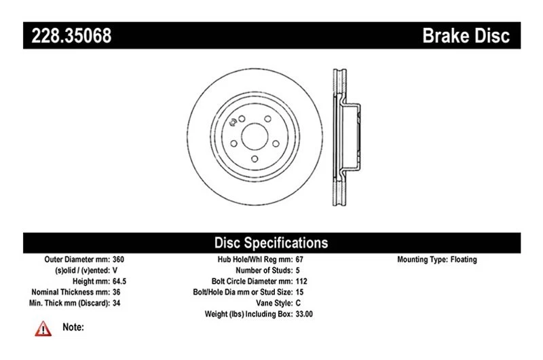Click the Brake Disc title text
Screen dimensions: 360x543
466,35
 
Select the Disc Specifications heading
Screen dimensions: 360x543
271,242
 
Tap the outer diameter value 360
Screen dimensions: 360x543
118,259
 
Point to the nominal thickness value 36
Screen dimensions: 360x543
116,292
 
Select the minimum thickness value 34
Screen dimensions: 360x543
116,303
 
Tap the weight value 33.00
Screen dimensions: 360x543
304,314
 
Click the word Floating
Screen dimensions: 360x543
464,259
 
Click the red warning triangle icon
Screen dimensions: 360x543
43,329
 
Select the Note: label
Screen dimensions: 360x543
73,327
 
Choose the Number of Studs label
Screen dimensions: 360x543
261,270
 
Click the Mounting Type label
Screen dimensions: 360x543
422,259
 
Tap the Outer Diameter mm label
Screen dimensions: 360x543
75,259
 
